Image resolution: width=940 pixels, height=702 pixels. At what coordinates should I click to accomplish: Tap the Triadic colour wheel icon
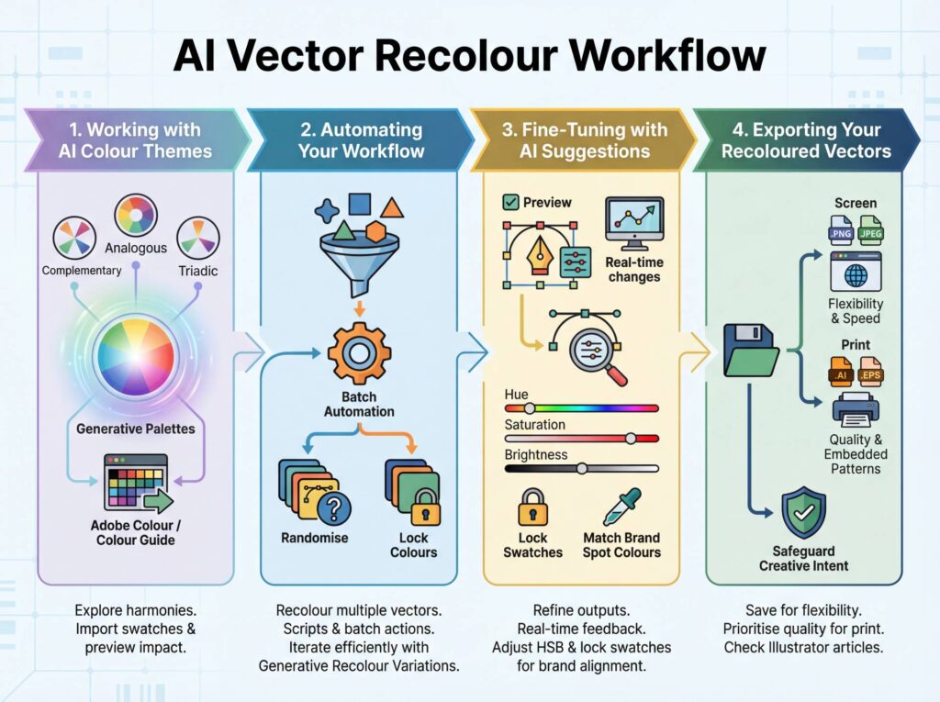click(x=197, y=238)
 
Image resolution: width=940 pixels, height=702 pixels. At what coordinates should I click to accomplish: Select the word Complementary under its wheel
click(x=82, y=271)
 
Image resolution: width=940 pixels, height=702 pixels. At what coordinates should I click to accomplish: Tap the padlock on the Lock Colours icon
click(x=423, y=504)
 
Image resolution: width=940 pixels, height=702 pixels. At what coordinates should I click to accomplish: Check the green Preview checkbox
click(x=511, y=202)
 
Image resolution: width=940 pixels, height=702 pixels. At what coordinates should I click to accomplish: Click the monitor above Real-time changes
click(x=634, y=225)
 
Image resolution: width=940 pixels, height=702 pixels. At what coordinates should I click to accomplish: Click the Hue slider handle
click(x=530, y=407)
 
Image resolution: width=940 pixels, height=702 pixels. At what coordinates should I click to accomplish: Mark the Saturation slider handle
click(x=631, y=438)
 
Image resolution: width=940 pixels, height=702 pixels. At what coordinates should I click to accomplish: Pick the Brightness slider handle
click(x=582, y=468)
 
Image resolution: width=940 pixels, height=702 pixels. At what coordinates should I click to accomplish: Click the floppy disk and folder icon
click(x=750, y=349)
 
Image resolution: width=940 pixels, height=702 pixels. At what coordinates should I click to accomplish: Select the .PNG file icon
click(x=840, y=229)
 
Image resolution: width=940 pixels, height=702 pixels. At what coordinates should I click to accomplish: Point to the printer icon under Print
click(x=856, y=409)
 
